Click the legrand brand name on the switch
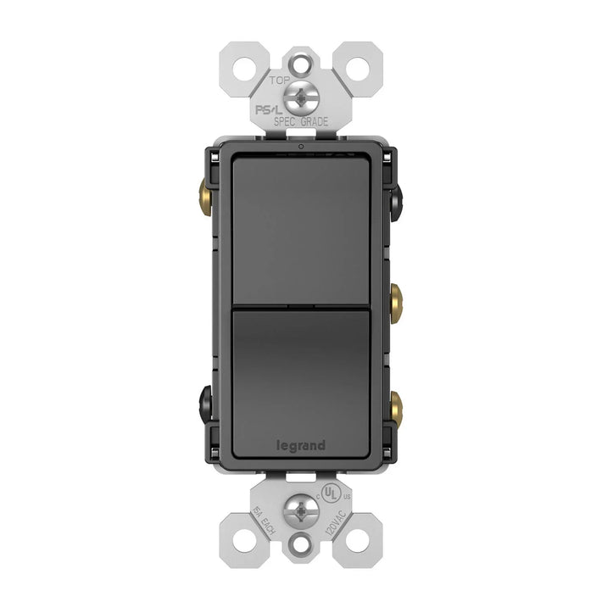[x=301, y=445]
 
